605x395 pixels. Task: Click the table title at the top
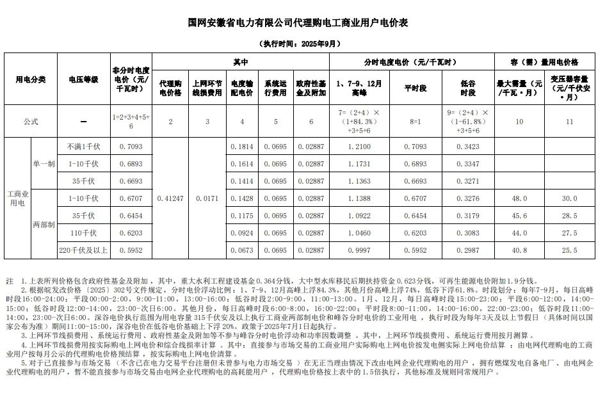coord(298,22)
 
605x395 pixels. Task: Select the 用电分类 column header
coord(30,79)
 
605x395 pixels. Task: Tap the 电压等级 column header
coord(83,79)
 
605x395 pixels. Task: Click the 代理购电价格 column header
coord(170,88)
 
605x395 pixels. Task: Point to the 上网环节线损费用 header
coord(207,88)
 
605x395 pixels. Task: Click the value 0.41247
coord(170,198)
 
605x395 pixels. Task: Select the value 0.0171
coord(207,198)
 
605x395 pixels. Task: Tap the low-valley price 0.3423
coord(468,147)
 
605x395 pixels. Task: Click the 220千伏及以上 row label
coord(83,250)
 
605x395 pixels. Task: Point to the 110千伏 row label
coord(83,233)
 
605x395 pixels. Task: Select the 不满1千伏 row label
coord(83,147)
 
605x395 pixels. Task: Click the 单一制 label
coord(44,164)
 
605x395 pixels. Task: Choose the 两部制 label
coord(44,225)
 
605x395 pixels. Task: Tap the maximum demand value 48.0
coord(519,198)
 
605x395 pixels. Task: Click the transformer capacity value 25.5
coord(569,250)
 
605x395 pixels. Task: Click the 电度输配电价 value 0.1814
coord(241,147)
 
